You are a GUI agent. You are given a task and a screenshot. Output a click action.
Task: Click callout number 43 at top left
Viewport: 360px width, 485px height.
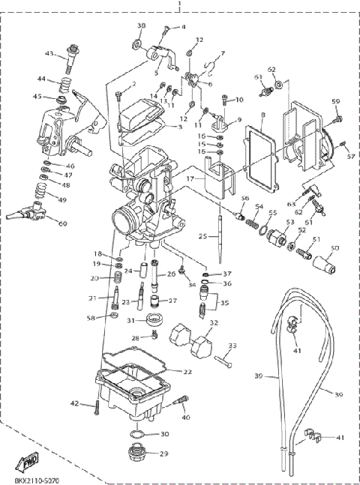49,53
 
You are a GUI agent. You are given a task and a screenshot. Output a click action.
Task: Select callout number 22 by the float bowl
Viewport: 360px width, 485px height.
187,372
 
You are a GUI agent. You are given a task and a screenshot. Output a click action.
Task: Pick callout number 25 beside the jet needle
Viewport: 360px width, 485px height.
202,236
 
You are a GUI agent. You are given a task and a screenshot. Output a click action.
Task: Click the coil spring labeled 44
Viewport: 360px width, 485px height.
65,85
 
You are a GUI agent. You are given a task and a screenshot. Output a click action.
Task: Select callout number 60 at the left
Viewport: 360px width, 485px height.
62,223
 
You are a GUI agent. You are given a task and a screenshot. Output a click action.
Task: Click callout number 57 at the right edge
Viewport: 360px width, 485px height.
350,157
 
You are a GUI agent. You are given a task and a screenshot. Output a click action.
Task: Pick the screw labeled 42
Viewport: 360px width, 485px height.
97,407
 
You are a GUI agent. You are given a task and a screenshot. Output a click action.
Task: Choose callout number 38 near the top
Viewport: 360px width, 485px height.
140,27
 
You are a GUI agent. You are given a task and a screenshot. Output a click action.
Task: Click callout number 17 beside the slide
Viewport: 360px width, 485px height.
191,179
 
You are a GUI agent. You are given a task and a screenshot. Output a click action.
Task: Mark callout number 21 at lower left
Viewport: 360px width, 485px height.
93,298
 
